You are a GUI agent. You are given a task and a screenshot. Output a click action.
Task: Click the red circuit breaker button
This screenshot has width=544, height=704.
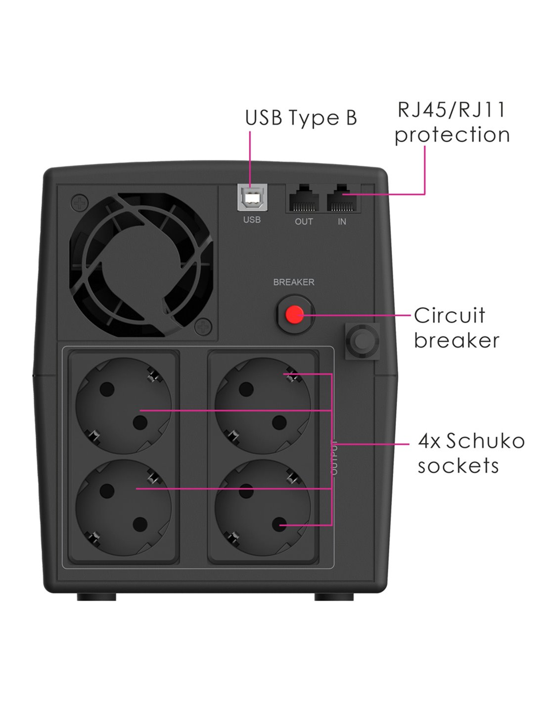[294, 313]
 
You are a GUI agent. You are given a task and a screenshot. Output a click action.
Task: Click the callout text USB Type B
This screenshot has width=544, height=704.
[301, 117]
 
